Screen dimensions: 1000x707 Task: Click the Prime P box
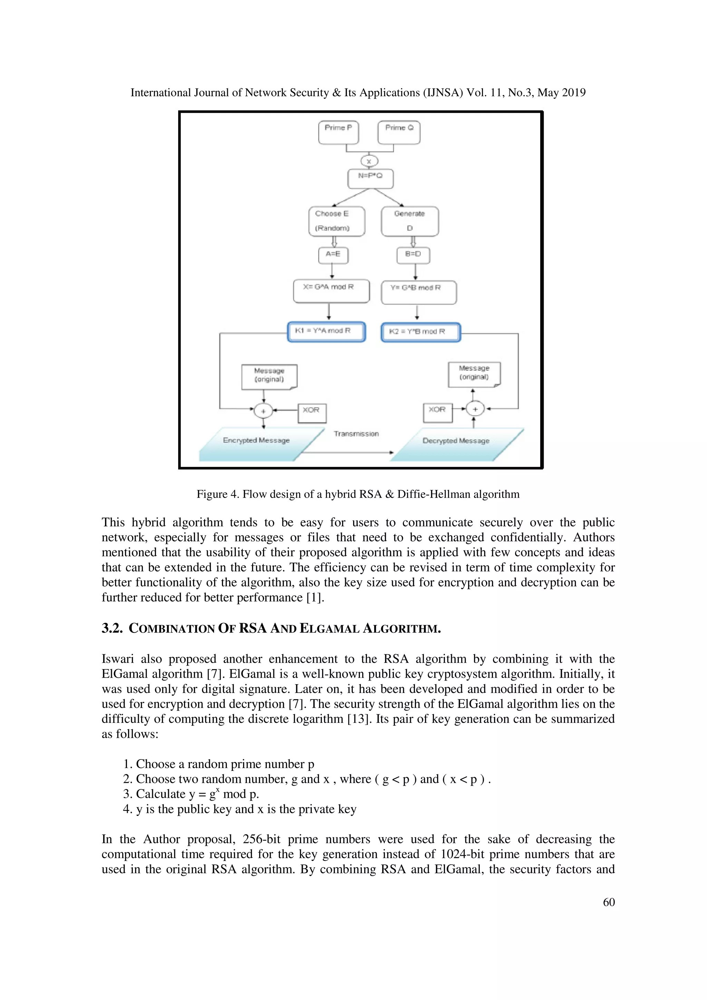338,133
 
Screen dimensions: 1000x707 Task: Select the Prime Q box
399,133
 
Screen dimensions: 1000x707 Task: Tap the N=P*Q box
370,179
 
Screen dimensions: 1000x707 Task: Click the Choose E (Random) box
337,221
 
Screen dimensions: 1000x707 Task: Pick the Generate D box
410,221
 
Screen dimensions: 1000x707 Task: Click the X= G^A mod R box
331,291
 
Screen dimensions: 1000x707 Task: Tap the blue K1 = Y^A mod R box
326,332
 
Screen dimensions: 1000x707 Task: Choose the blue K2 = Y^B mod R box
420,332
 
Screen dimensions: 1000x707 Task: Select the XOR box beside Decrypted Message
438,412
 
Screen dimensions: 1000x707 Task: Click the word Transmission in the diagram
356,434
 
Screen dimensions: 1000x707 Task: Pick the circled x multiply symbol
369,161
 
